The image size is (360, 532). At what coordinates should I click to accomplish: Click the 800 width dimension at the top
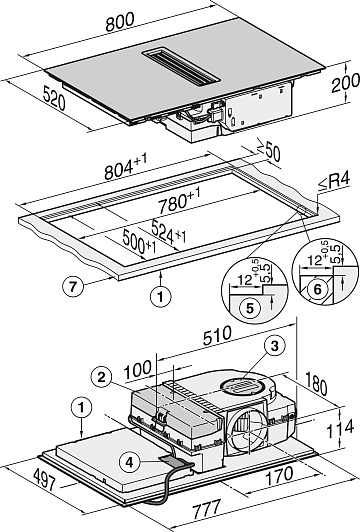[x=120, y=22]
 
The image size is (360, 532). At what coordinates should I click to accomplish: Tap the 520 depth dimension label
[x=54, y=98]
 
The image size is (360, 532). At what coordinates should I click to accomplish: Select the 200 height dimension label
[x=345, y=82]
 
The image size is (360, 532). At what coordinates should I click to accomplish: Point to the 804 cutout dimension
[x=126, y=166]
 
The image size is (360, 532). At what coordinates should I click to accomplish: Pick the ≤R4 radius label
[x=334, y=182]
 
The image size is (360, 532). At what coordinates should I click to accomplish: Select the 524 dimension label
[x=169, y=232]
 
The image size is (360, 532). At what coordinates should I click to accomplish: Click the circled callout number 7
[x=73, y=287]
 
